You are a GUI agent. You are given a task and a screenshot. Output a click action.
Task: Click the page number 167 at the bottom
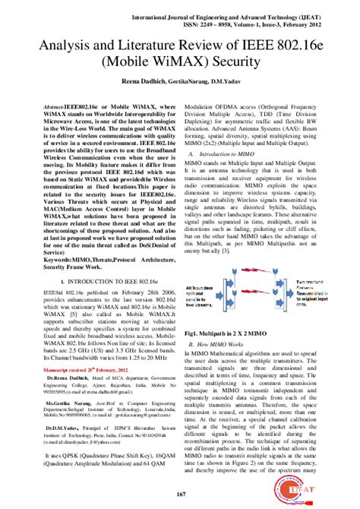coord(181,495)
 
